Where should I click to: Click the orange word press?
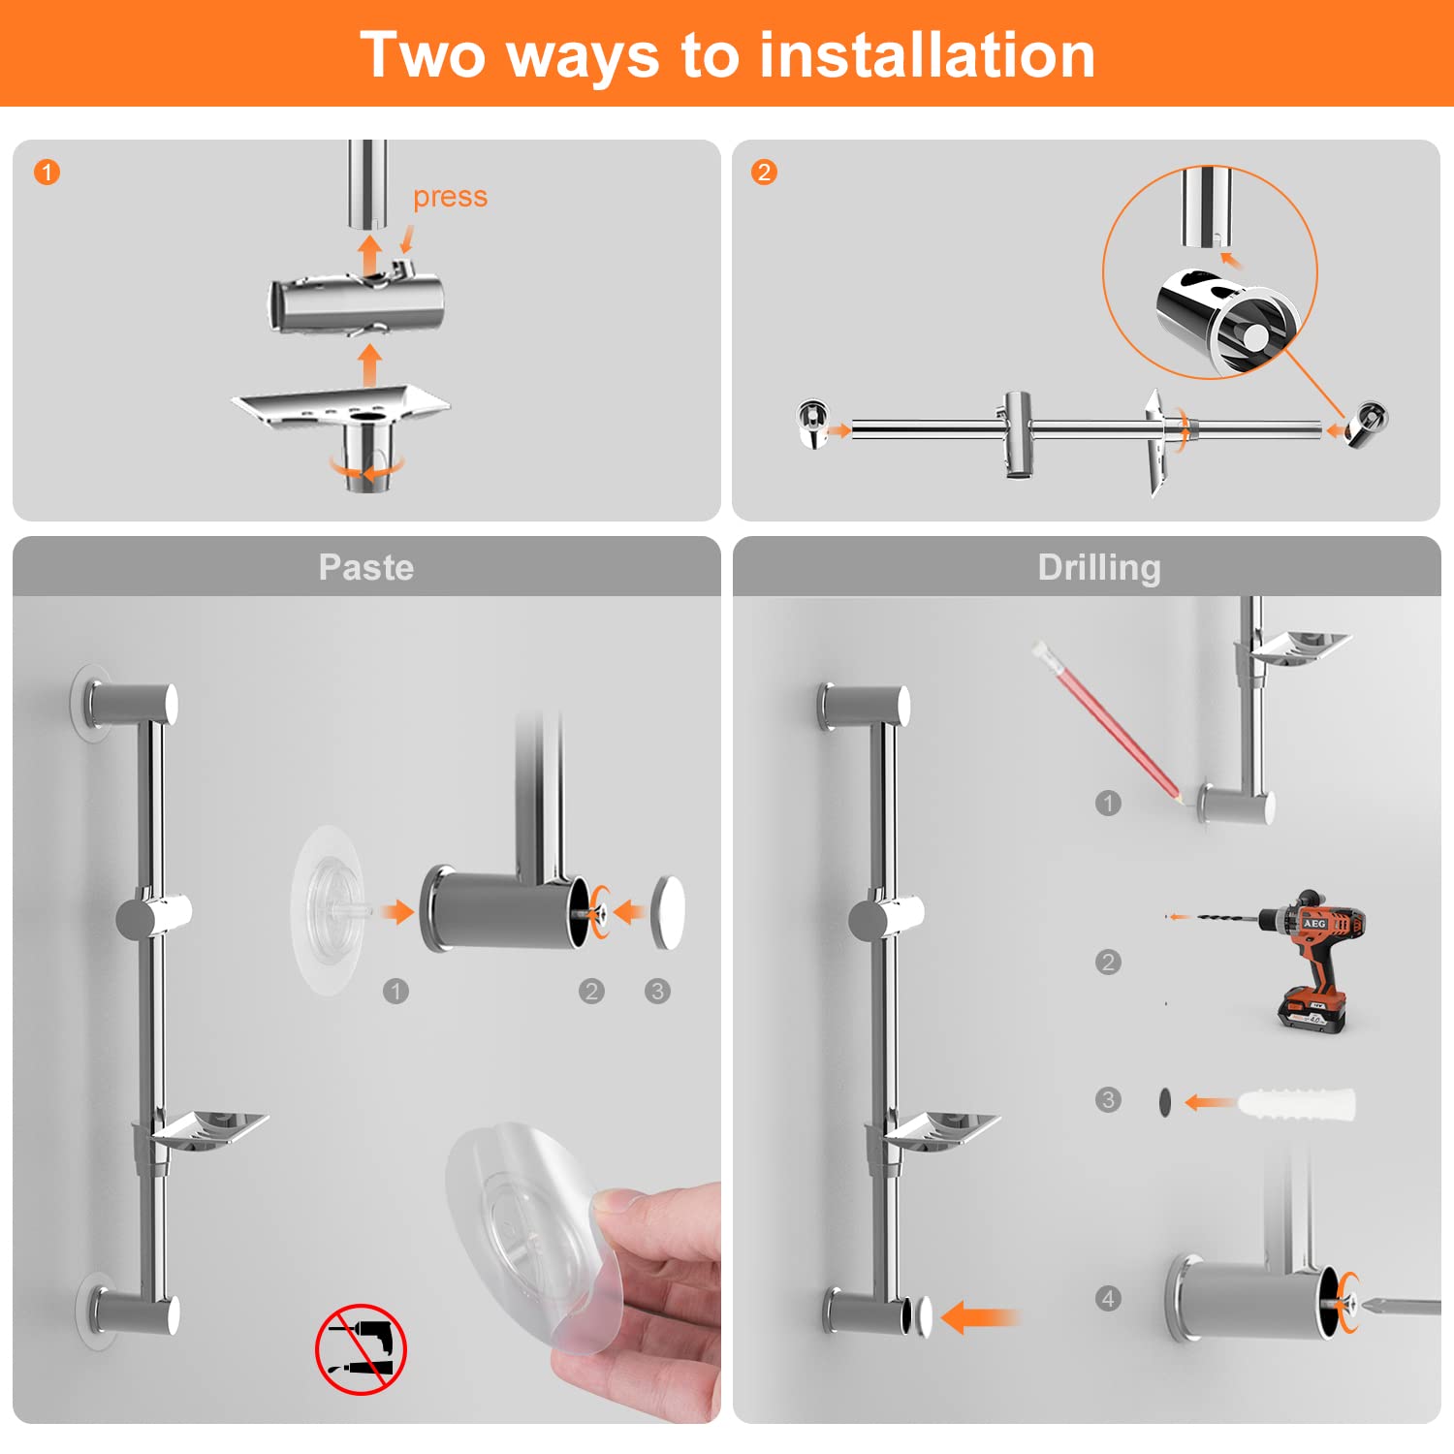450,198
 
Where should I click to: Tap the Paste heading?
366,567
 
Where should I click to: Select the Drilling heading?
1099,568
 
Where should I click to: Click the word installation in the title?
928,55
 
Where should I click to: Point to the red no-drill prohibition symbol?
361,1349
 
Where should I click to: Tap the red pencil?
1108,721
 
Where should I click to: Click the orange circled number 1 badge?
47,173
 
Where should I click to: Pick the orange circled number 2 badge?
764,173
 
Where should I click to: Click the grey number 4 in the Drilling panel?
1108,1298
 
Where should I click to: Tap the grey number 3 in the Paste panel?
657,991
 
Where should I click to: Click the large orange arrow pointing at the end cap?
980,1317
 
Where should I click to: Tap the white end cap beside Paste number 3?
668,912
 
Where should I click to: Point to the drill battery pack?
1312,1010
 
